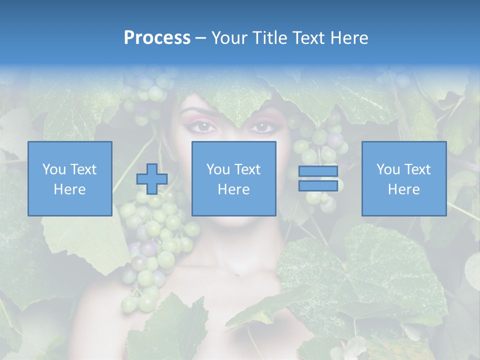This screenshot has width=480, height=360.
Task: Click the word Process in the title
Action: click(157, 38)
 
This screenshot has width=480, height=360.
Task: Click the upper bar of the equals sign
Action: click(318, 171)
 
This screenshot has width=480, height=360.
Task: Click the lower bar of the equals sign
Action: click(318, 185)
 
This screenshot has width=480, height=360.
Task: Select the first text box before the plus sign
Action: click(70, 178)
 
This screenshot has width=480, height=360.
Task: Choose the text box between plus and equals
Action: click(234, 178)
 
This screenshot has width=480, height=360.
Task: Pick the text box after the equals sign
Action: click(404, 178)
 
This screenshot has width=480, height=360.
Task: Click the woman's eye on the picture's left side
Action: click(203, 127)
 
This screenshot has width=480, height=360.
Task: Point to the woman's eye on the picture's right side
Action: click(261, 127)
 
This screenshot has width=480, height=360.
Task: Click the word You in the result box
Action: click(388, 169)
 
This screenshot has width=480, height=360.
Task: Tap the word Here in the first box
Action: click(70, 189)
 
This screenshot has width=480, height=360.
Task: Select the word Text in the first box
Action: click(83, 169)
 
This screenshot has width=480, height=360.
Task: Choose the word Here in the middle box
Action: click(234, 189)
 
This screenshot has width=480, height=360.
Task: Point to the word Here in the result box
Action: click(404, 189)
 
